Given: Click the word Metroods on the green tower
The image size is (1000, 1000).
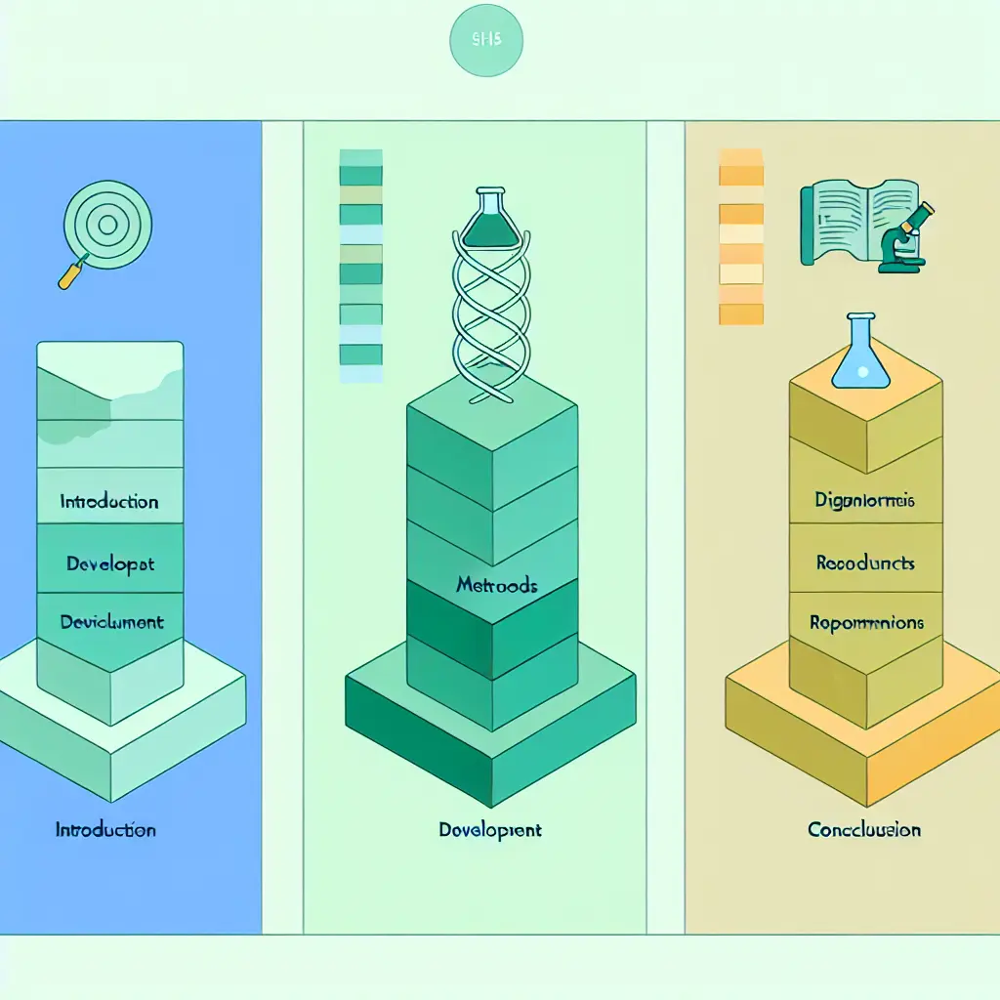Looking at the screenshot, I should click(x=497, y=587).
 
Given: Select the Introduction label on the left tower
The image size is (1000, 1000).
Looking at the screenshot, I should click(x=109, y=502).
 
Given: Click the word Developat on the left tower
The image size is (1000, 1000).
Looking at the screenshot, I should click(x=109, y=563).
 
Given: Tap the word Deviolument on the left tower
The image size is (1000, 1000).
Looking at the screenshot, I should click(x=111, y=622).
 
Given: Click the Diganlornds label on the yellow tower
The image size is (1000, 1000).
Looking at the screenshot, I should click(x=864, y=501).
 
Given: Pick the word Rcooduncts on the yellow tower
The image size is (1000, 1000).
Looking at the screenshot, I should click(x=864, y=563).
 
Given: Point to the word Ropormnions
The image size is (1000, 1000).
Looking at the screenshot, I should click(x=866, y=622).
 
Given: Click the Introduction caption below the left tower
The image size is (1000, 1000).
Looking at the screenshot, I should click(x=105, y=830).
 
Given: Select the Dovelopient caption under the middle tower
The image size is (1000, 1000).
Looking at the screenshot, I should click(x=490, y=830).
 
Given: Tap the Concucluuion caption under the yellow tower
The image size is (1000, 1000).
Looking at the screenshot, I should click(x=864, y=830).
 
